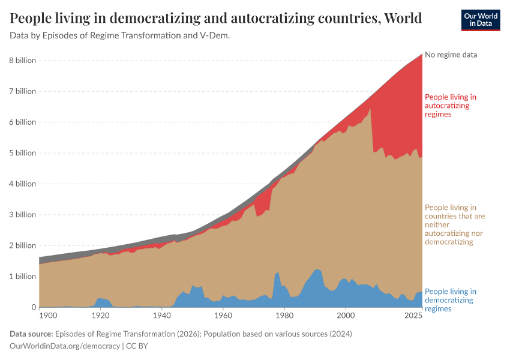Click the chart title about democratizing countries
click(x=215, y=18)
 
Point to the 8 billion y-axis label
click(x=22, y=61)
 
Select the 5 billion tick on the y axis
click(x=22, y=153)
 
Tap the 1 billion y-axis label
click(x=22, y=277)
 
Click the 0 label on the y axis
click(x=34, y=307)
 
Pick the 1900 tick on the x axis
click(x=48, y=315)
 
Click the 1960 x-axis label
click(x=223, y=315)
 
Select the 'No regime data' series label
click(x=451, y=55)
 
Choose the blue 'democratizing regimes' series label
click(x=450, y=300)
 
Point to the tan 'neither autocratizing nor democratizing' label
click(x=455, y=224)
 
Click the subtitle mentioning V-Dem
click(x=120, y=35)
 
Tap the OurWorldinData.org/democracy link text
click(x=64, y=346)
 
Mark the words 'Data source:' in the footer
click(x=31, y=334)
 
